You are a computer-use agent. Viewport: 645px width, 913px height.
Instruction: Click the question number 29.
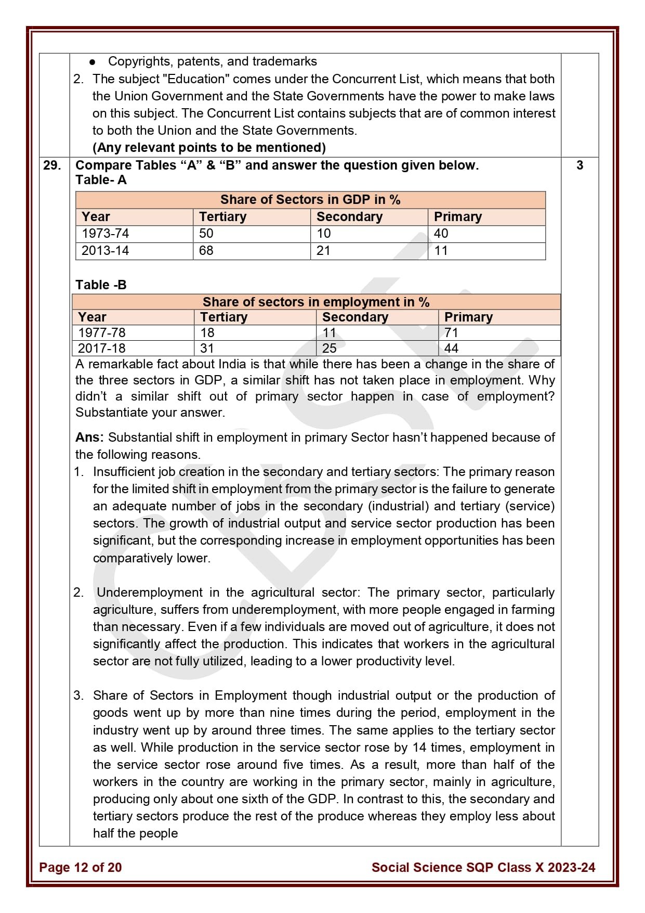(51, 165)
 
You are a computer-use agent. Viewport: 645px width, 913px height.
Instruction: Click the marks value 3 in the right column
(580, 165)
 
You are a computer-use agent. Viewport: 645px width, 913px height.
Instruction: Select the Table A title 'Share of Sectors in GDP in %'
(310, 200)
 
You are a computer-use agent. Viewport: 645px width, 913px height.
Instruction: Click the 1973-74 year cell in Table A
(106, 234)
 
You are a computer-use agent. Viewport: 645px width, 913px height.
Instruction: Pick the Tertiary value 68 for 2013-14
(206, 251)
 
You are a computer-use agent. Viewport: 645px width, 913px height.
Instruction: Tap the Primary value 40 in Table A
(441, 234)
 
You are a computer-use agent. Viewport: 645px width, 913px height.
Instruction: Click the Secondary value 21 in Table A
(323, 251)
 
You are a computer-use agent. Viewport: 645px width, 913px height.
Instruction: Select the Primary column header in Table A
(457, 217)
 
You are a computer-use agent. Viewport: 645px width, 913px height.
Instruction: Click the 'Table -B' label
(101, 285)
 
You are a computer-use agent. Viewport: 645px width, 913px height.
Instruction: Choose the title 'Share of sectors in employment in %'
(316, 302)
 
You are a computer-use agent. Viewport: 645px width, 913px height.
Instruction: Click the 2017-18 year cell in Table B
(102, 349)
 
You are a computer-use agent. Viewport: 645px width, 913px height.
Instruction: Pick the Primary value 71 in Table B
(451, 333)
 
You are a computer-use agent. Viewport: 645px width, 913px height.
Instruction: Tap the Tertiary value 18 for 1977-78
(207, 333)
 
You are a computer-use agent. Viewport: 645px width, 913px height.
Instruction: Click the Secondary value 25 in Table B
(329, 349)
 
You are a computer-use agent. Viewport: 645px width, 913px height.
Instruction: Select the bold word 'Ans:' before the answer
(89, 438)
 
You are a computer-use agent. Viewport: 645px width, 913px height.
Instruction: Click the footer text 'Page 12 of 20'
(80, 867)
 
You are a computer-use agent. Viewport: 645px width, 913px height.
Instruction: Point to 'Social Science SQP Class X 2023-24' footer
(483, 867)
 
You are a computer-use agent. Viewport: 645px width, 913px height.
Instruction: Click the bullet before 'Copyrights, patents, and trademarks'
(93, 62)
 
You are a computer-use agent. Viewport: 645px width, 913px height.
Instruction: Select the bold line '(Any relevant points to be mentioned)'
(209, 148)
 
